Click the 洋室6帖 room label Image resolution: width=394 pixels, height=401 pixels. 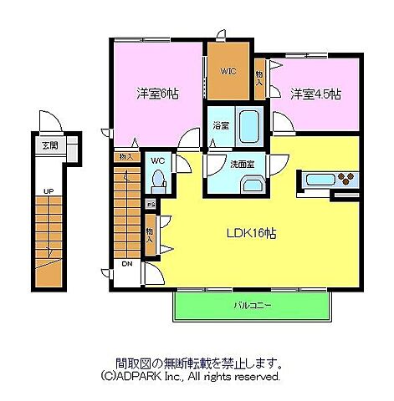[x=157, y=94]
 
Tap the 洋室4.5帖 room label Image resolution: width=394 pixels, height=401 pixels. [x=315, y=94]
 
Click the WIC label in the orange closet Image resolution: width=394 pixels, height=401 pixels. [x=228, y=71]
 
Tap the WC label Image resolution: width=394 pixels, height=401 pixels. [x=156, y=160]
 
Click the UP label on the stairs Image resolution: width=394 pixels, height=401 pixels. [x=49, y=192]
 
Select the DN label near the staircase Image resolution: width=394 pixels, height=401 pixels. [x=127, y=265]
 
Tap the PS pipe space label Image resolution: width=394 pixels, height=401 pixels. [x=151, y=204]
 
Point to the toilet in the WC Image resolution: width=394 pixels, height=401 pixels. [x=157, y=180]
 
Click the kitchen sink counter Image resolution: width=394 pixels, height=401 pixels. [x=322, y=179]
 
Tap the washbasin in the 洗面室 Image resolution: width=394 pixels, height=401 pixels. [x=252, y=185]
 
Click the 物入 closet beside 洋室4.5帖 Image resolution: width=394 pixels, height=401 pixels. [x=259, y=78]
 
